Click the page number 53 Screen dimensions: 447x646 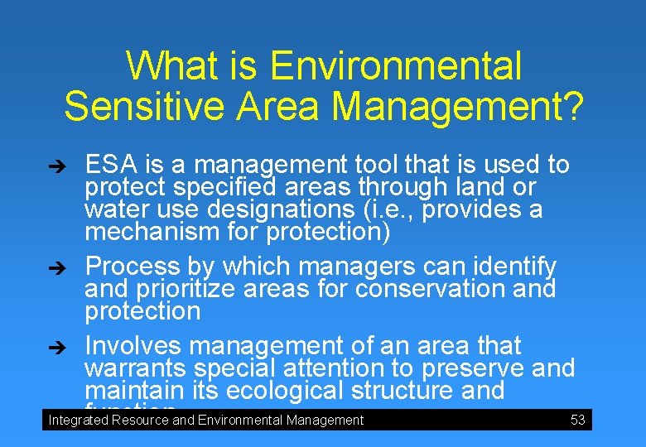coord(578,420)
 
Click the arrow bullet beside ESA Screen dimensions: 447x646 coord(71,166)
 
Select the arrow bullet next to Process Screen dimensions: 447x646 coord(71,267)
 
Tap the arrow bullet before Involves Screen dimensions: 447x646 coord(71,346)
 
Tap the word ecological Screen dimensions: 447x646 coord(279,390)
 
